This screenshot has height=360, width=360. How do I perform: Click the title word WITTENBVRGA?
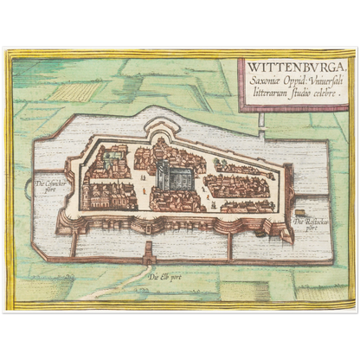pyautogui.click(x=286, y=65)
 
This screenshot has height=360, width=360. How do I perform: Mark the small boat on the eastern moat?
pyautogui.click(x=299, y=211)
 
